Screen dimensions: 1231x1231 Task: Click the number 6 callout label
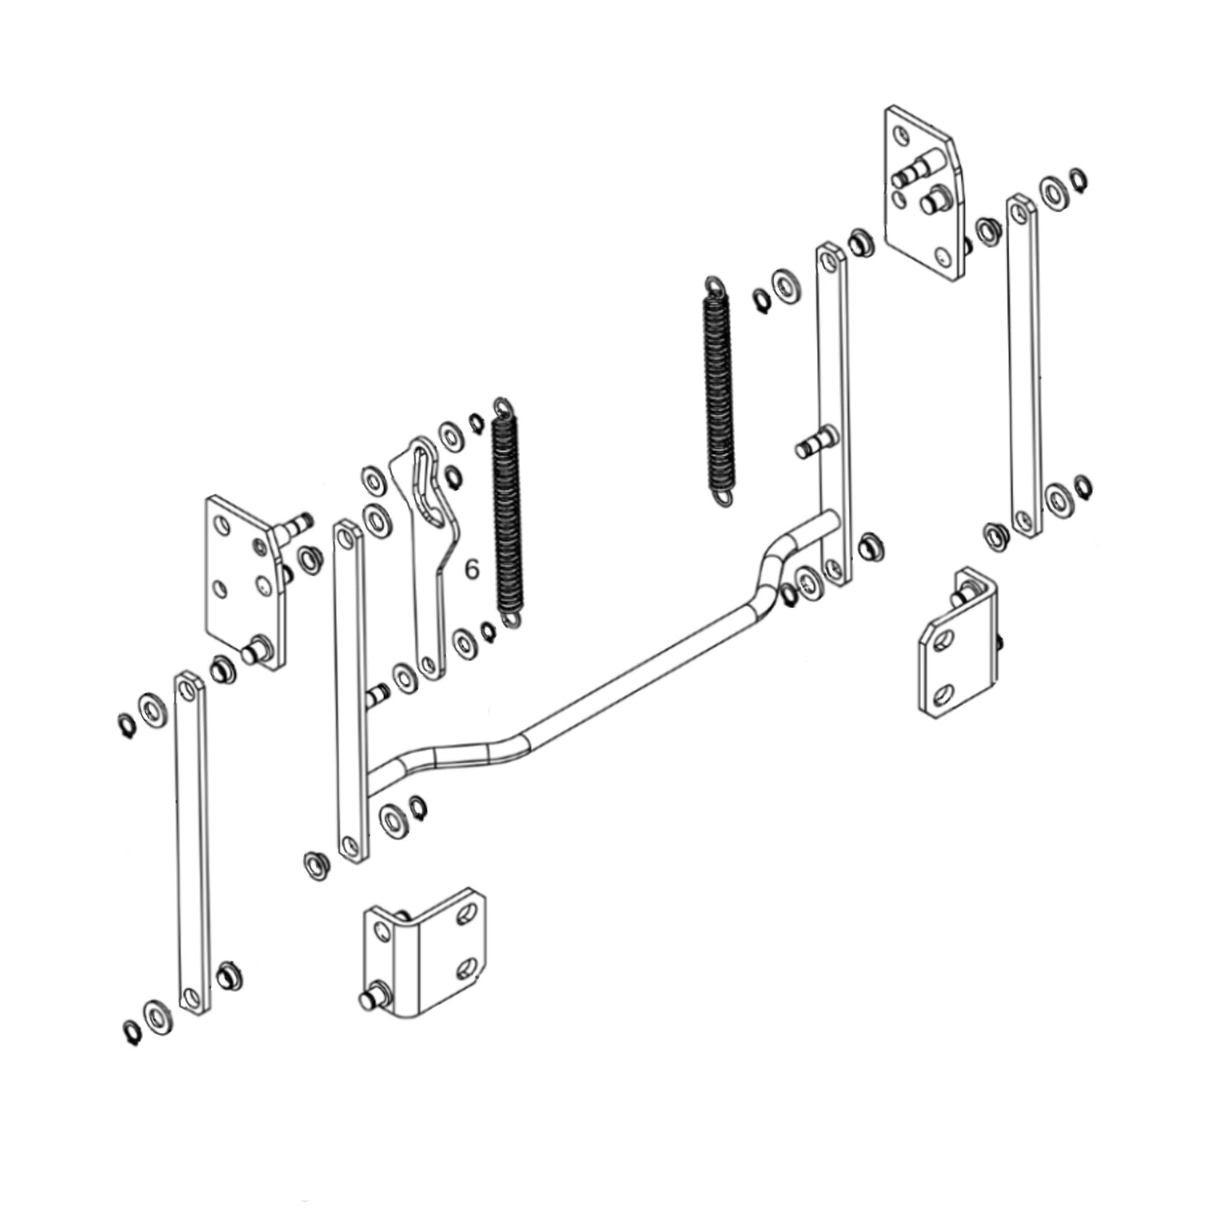(x=471, y=569)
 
